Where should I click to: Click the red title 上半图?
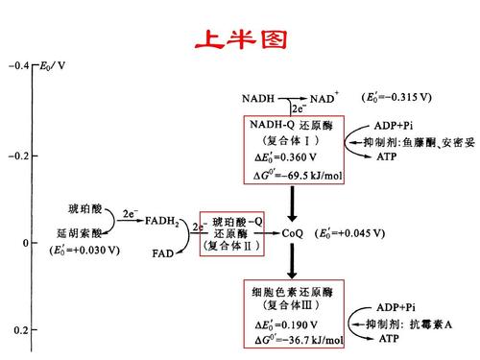(239, 38)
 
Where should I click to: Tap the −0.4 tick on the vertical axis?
(16, 66)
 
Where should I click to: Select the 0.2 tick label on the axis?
(18, 330)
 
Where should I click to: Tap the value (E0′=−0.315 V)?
(396, 98)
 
